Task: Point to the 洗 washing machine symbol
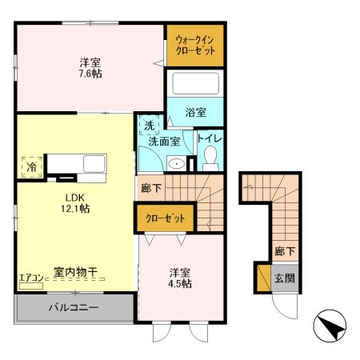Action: [150, 125]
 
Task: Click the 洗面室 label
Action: [166, 141]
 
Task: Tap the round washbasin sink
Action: [178, 163]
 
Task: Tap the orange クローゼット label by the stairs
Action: [164, 218]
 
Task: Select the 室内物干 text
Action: [76, 273]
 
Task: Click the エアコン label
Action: [32, 278]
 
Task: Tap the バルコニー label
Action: [72, 306]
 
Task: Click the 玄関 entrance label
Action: [285, 278]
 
